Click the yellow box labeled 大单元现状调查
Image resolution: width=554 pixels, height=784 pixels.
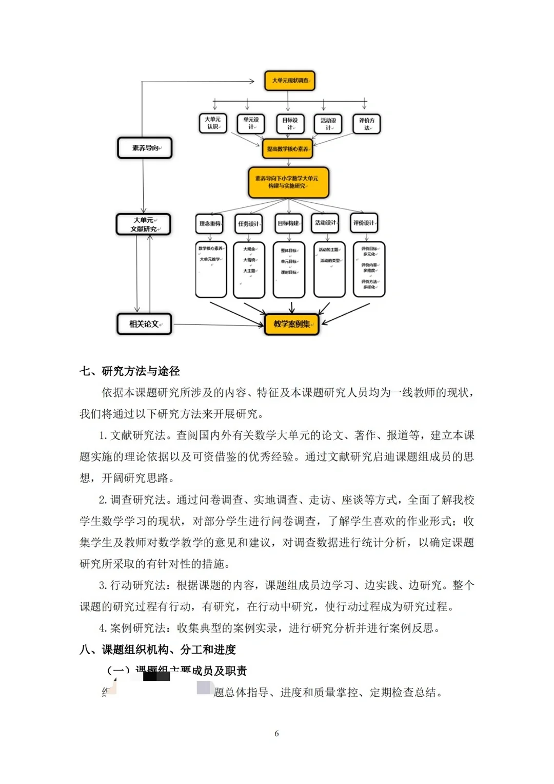tap(289, 81)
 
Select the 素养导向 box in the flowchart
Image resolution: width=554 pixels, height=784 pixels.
tap(145, 148)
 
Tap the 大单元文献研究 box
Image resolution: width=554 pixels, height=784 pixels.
tap(144, 224)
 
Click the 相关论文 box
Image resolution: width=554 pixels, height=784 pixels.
tap(144, 324)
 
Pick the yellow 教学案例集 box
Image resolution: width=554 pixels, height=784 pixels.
tap(291, 324)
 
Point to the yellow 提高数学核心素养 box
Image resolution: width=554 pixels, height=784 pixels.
tap(288, 149)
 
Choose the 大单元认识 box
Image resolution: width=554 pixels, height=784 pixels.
tap(213, 123)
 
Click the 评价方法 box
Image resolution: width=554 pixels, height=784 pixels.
tap(366, 124)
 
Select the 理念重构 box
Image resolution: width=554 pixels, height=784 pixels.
tap(209, 223)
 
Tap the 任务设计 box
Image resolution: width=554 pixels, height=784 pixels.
tap(248, 223)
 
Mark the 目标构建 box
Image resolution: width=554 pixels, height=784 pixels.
tap(288, 223)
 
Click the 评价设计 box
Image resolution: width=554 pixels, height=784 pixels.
tap(364, 223)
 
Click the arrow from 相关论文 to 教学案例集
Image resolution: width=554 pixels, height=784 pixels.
tap(218, 324)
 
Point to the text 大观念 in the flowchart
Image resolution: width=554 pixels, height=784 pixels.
tap(249, 249)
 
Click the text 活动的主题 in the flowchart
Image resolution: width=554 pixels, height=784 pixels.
tap(329, 250)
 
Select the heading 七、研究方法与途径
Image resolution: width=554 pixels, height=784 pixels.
tap(130, 371)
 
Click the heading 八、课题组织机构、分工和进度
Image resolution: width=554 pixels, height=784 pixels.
tap(157, 649)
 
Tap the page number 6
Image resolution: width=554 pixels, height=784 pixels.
tap(276, 734)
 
